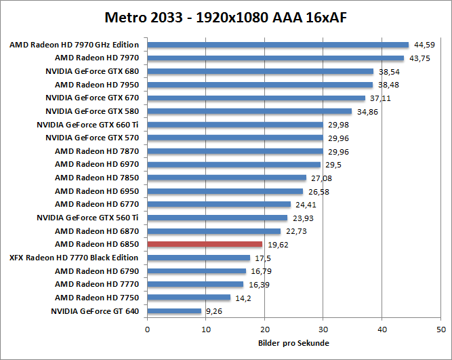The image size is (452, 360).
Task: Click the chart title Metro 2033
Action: click(226, 16)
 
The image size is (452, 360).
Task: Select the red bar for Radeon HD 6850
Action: click(205, 244)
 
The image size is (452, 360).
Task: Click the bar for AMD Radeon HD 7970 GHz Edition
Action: click(278, 45)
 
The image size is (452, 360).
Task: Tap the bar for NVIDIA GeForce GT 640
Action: click(174, 311)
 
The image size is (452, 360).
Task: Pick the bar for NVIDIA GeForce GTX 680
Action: click(260, 71)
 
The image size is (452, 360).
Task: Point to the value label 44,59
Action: click(424, 45)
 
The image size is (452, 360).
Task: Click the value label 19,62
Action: click(278, 245)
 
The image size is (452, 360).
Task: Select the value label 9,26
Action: click(215, 312)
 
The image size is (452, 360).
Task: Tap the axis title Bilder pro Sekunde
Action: click(293, 342)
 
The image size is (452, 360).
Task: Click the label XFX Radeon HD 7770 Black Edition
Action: click(73, 258)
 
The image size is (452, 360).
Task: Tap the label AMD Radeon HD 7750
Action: click(96, 298)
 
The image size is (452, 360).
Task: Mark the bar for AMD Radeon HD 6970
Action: click(234, 165)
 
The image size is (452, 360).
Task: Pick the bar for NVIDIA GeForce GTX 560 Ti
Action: click(217, 218)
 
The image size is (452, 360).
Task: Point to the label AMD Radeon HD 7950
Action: click(96, 85)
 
